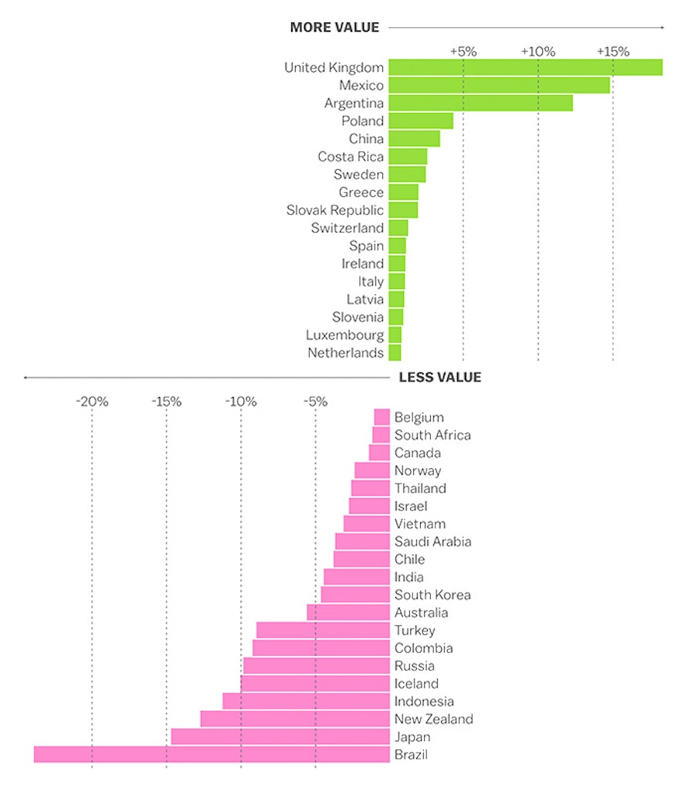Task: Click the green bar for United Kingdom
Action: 525,67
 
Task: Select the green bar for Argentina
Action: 480,103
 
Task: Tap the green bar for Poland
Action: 421,121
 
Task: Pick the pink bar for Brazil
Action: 212,755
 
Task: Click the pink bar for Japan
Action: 280,737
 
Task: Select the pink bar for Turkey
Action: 323,630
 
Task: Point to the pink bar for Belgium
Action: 381,417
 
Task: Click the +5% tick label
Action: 463,51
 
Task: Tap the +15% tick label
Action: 613,51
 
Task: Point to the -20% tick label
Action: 91,402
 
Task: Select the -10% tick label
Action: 240,402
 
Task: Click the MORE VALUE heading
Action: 334,28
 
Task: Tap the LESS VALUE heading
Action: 439,378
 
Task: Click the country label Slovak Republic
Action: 334,210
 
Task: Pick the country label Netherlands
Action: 345,353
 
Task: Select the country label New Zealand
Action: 433,719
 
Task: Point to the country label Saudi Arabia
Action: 432,542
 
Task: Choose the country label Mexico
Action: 361,85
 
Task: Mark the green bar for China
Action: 414,138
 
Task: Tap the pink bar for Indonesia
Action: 306,702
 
